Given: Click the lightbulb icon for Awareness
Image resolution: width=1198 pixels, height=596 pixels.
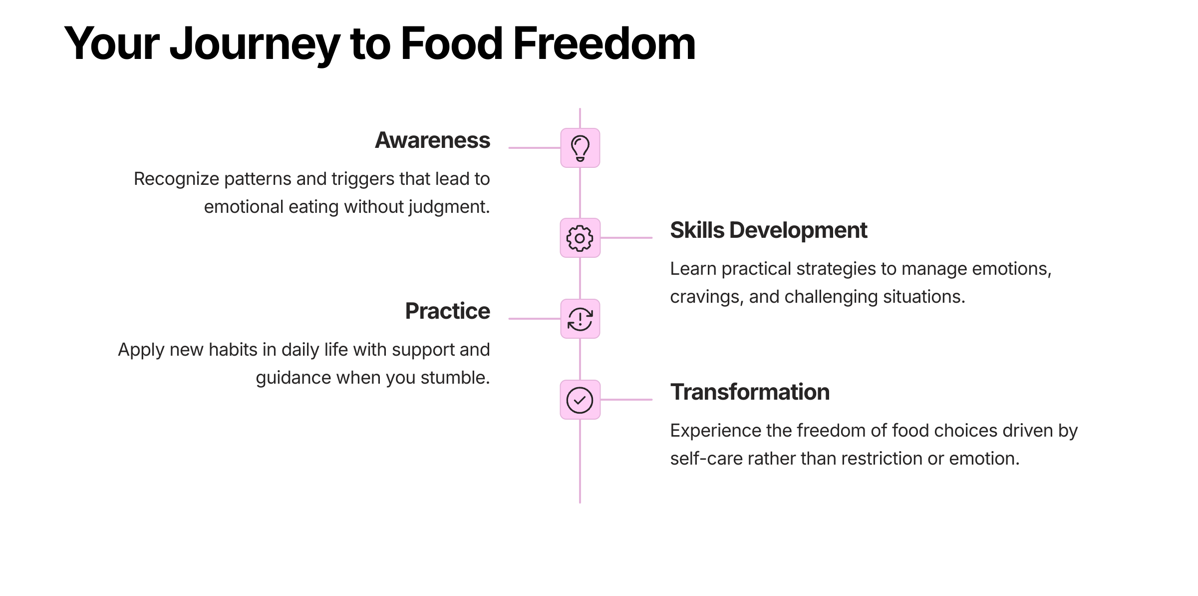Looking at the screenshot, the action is pyautogui.click(x=580, y=148).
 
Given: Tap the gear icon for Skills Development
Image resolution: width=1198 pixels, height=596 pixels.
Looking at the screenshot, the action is pyautogui.click(x=580, y=238).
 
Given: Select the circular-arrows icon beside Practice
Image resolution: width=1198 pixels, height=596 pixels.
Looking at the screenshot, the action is pyautogui.click(x=580, y=319).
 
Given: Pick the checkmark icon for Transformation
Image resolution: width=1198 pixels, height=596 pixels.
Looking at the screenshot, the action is pyautogui.click(x=580, y=400).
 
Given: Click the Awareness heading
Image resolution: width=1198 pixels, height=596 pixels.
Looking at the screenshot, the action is pyautogui.click(x=432, y=140).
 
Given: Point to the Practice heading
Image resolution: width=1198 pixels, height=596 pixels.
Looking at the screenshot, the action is pyautogui.click(x=447, y=311).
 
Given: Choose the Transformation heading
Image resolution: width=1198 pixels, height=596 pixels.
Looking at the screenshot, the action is pyautogui.click(x=750, y=392).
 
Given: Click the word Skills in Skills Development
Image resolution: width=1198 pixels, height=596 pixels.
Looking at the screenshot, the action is pyautogui.click(x=697, y=230).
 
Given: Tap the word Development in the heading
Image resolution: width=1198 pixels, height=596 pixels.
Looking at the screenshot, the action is pyautogui.click(x=798, y=230).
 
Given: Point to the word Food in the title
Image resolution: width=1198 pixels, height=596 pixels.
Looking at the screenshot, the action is pyautogui.click(x=451, y=44).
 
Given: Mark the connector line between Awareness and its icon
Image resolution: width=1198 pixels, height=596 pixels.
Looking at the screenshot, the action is pyautogui.click(x=534, y=148).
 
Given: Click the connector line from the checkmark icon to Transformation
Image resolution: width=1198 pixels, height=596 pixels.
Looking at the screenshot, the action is pyautogui.click(x=626, y=400).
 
